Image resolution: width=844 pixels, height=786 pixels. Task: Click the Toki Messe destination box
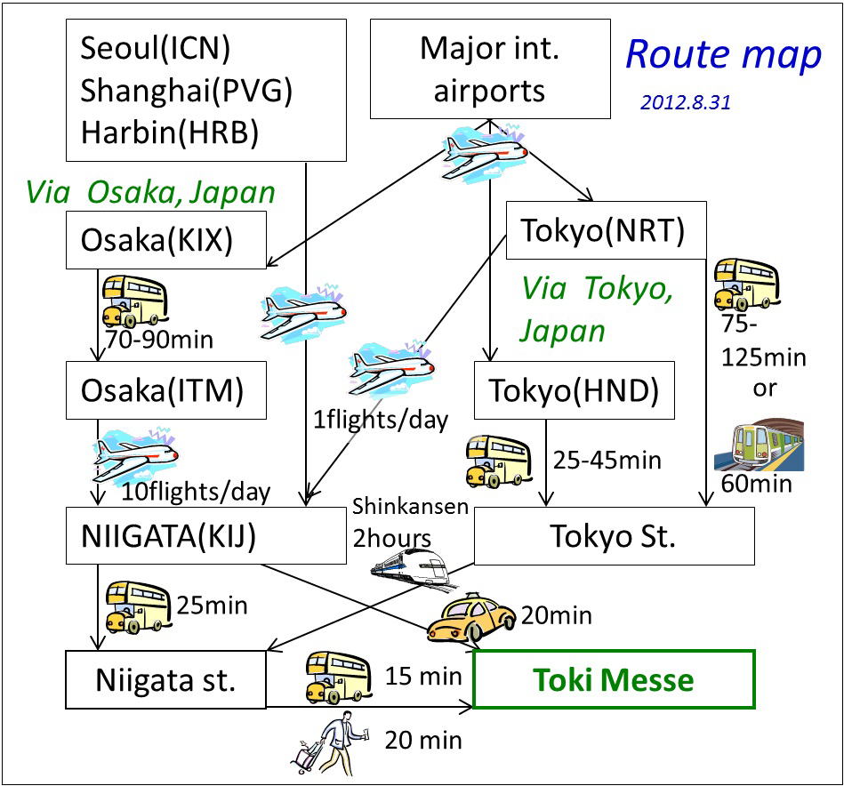click(x=614, y=679)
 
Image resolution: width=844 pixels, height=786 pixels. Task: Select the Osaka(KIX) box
click(x=166, y=240)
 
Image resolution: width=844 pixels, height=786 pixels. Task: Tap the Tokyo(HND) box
click(x=575, y=390)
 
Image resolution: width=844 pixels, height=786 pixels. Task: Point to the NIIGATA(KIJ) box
click(x=206, y=536)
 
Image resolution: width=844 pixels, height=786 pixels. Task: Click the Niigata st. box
click(x=165, y=680)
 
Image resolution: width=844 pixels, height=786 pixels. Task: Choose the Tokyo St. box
click(x=615, y=536)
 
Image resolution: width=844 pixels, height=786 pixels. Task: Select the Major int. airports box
click(x=490, y=68)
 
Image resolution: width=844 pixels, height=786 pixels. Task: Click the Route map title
click(x=723, y=54)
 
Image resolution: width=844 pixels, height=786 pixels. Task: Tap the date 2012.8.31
click(x=685, y=102)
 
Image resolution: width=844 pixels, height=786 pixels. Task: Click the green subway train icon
click(x=759, y=445)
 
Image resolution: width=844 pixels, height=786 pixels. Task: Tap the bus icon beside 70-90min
click(x=135, y=301)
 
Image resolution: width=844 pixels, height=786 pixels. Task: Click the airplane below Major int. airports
click(x=484, y=151)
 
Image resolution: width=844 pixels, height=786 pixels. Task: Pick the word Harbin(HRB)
click(x=170, y=132)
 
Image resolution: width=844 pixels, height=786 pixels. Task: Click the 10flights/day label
click(x=196, y=492)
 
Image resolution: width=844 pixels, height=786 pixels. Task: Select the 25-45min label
click(x=607, y=461)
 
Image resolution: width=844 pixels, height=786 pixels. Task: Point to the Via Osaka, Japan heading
click(x=150, y=192)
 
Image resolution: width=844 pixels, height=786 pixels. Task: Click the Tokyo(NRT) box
click(x=606, y=230)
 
